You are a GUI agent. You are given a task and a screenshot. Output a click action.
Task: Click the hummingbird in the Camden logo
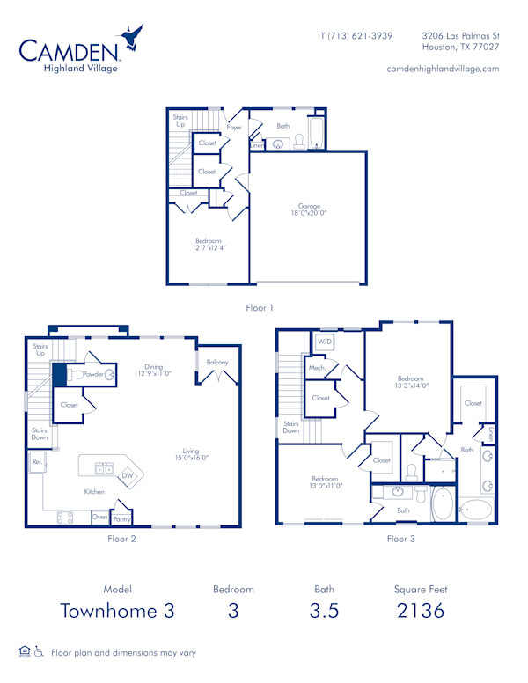click(x=133, y=38)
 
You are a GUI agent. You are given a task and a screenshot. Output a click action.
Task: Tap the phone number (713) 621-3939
click(x=356, y=35)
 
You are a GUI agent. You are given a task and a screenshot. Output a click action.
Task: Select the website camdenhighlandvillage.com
click(x=443, y=68)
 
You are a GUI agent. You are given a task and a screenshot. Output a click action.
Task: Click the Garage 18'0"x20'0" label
click(x=309, y=209)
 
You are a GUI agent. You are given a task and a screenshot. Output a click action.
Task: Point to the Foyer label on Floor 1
click(x=234, y=128)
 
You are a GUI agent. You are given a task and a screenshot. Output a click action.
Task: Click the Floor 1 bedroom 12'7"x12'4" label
click(x=209, y=244)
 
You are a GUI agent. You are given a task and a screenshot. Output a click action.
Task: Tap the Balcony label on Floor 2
click(x=217, y=363)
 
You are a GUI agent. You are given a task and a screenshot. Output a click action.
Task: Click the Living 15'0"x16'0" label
click(x=191, y=454)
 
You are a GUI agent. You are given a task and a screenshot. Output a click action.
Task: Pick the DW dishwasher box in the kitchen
click(x=128, y=475)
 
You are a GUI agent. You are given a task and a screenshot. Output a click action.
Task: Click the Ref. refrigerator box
click(x=38, y=461)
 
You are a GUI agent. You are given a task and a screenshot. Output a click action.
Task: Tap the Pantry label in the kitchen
click(x=121, y=519)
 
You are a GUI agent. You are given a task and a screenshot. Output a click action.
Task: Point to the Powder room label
click(x=93, y=374)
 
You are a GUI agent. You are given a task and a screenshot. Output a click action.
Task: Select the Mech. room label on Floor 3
click(x=317, y=368)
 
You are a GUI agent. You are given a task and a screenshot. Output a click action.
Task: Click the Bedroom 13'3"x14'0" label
click(x=411, y=381)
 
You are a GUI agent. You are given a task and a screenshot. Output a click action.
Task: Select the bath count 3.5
click(x=324, y=611)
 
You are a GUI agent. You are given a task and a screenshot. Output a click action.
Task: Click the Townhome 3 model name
click(x=117, y=611)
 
